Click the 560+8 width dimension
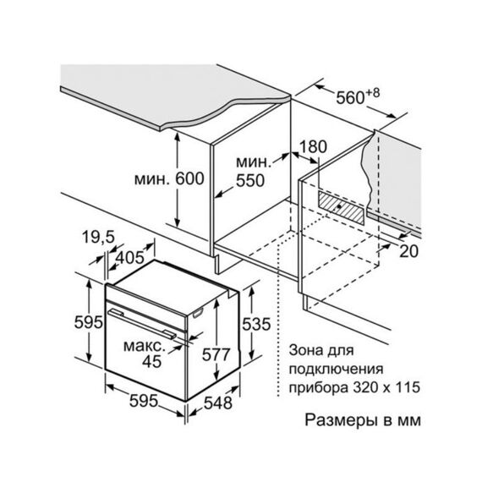click(358, 96)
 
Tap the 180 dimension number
click(313, 146)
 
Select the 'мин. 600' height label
click(169, 178)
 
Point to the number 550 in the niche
click(250, 180)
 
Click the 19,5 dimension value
click(98, 237)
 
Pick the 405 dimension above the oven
click(130, 257)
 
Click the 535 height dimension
click(256, 324)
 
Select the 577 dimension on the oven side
click(216, 354)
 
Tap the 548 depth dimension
click(218, 403)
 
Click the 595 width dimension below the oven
click(144, 401)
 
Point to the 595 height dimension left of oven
click(89, 322)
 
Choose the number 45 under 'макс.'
click(152, 361)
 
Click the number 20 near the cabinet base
click(408, 251)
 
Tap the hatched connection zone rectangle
click(342, 207)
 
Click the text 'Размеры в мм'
click(363, 420)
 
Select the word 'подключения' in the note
click(336, 370)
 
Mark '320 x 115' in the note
click(386, 387)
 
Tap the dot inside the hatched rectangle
click(339, 206)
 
